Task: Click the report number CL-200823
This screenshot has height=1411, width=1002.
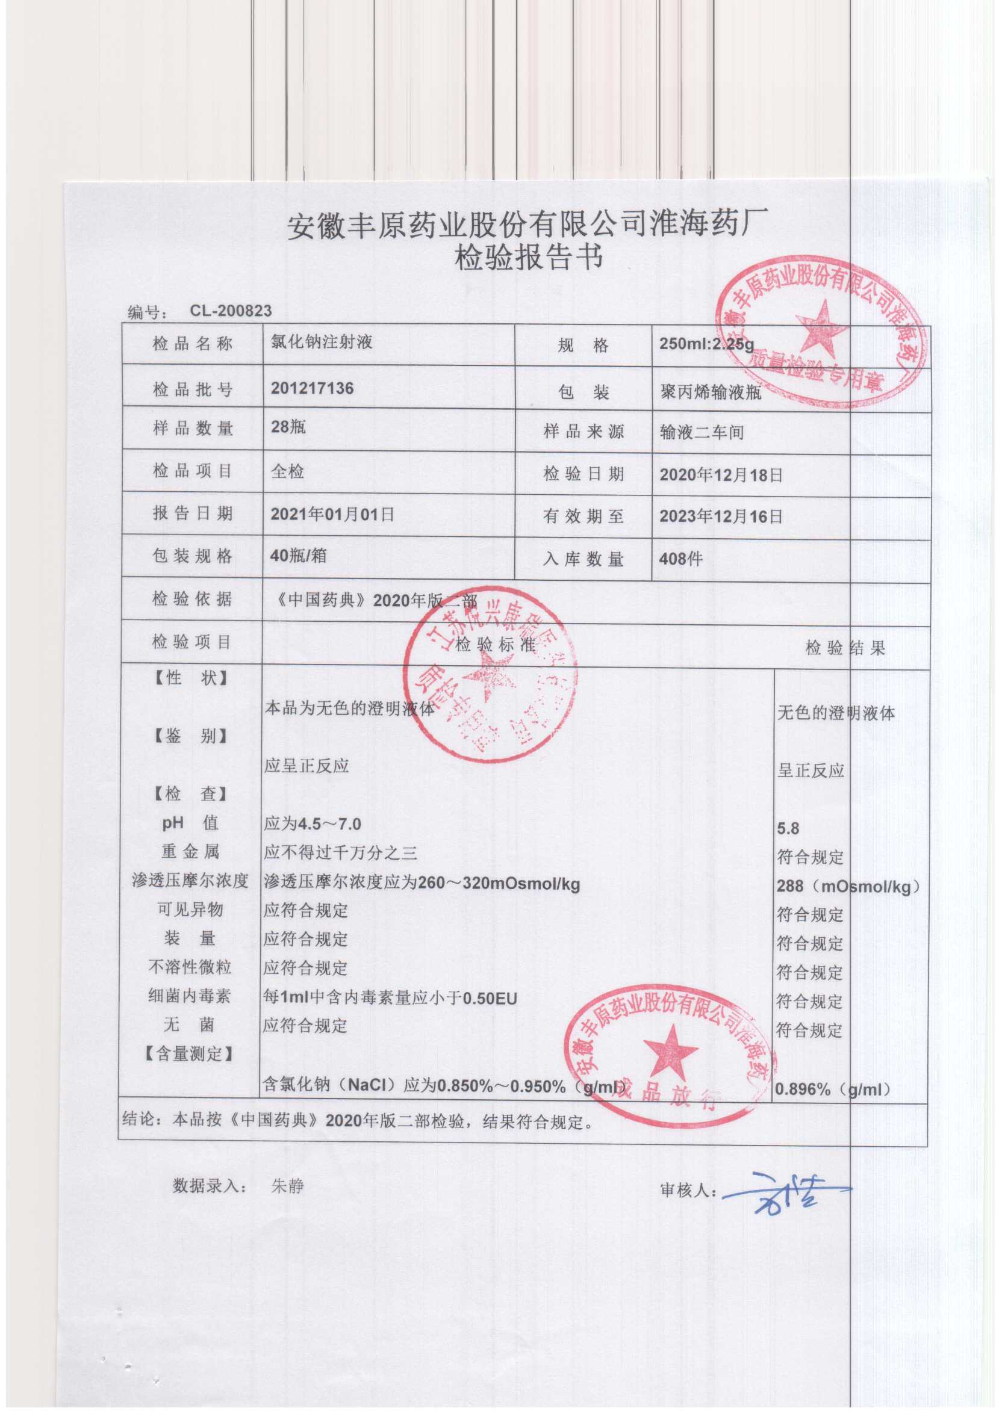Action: (230, 310)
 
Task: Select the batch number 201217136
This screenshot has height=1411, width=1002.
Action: (312, 388)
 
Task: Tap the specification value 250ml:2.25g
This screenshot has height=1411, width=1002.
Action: (706, 344)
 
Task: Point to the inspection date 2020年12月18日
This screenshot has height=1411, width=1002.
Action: (721, 475)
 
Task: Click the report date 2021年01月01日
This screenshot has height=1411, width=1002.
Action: (332, 514)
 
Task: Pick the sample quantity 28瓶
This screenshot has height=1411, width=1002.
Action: (288, 427)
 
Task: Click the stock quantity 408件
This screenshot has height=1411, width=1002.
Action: (680, 559)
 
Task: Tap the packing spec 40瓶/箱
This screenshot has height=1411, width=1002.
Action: (299, 556)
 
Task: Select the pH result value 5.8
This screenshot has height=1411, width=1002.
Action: (788, 828)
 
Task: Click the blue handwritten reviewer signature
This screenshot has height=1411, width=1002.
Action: (783, 1189)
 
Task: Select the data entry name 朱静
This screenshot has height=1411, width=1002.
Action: (287, 1185)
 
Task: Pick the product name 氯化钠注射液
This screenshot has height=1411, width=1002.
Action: (322, 342)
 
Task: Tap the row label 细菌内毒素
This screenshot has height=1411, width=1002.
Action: (190, 996)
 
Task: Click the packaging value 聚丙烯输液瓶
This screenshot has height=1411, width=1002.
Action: (710, 393)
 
